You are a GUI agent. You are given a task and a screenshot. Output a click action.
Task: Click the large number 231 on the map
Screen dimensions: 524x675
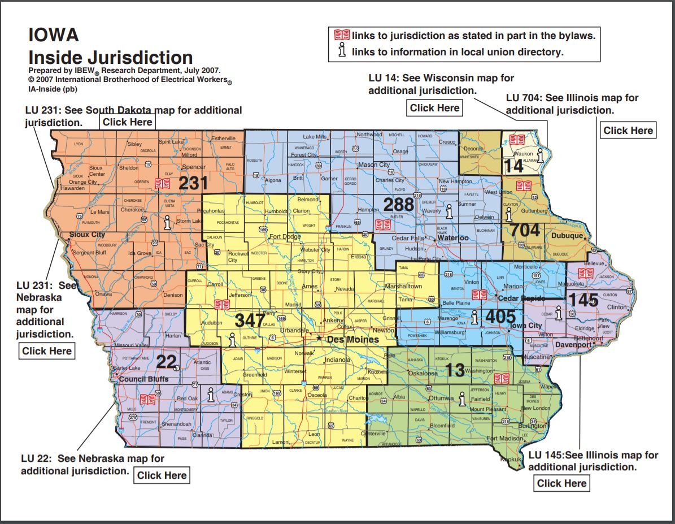point(194,183)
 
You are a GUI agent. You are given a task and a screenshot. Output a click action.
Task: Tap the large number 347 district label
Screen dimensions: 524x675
point(250,321)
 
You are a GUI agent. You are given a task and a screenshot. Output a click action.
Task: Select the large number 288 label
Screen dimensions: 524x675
point(398,204)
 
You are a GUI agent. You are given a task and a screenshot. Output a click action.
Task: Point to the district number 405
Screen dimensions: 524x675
point(500,317)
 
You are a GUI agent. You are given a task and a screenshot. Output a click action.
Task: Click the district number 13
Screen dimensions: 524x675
point(455,370)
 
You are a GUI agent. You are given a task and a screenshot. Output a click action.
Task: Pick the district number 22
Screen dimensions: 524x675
point(167,361)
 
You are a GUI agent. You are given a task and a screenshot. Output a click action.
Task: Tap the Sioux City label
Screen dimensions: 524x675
point(87,234)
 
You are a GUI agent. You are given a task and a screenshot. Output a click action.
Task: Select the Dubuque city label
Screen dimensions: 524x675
point(568,236)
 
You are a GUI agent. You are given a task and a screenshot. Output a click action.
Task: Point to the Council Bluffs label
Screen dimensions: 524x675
point(144,379)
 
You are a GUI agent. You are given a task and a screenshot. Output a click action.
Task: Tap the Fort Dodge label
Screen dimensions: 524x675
point(285,236)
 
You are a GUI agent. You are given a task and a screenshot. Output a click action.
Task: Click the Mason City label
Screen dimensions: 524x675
point(374,165)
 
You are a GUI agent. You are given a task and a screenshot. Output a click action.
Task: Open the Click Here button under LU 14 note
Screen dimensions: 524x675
point(434,108)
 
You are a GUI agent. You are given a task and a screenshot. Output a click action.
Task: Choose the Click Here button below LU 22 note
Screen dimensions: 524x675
point(162,475)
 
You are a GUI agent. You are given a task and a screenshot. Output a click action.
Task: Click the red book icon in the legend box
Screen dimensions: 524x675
point(342,36)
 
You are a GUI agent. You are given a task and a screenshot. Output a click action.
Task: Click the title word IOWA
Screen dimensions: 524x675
point(54,36)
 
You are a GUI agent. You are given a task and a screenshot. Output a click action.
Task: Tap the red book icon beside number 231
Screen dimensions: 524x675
point(162,183)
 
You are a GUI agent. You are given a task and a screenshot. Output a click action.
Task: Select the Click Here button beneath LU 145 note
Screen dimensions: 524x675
point(561,483)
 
